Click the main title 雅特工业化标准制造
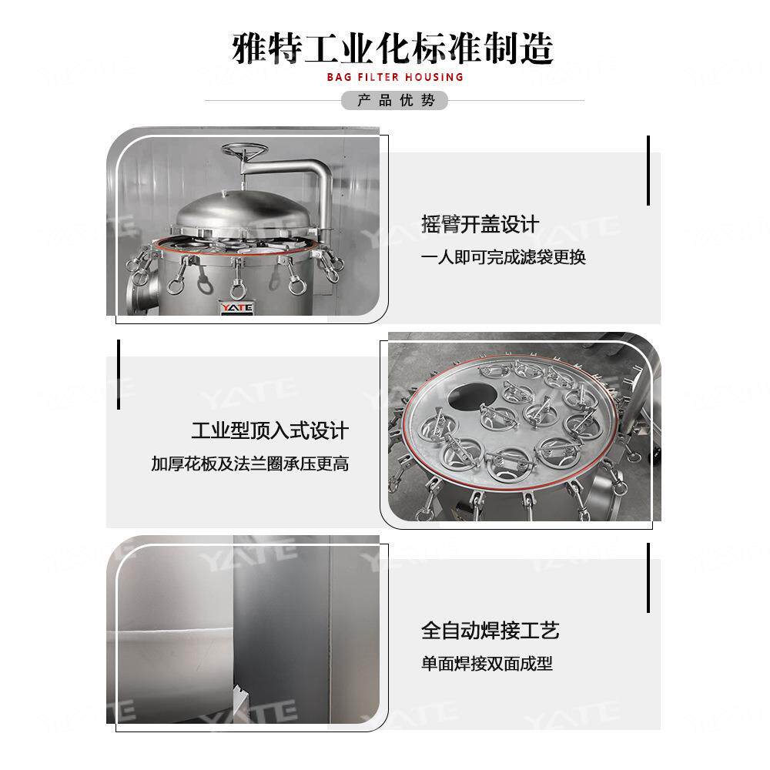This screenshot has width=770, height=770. (393, 48)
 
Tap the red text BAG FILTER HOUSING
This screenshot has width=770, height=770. (395, 77)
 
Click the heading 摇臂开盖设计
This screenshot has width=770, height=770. (480, 225)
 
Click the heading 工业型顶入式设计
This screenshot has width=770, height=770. (269, 430)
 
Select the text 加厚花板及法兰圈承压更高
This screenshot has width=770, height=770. (249, 464)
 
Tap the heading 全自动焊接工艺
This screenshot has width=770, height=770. (490, 631)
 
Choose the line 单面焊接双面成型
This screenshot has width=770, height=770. (487, 664)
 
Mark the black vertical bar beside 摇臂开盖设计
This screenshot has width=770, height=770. (648, 171)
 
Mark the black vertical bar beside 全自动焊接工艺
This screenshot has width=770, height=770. (648, 577)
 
